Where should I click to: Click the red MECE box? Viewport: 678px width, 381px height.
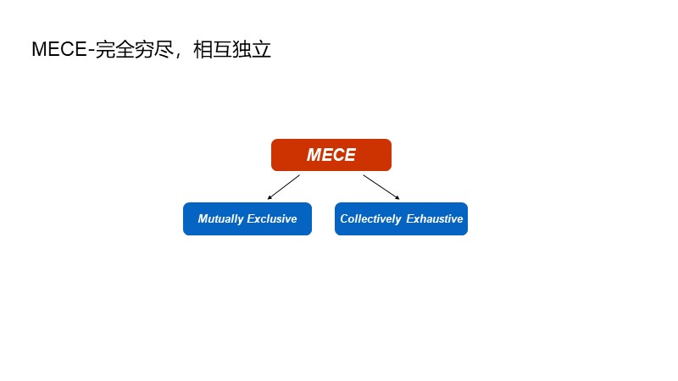coord(331,155)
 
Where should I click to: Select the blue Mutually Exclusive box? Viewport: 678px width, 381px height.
coord(247,218)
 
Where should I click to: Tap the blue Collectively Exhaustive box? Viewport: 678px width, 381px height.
coord(401,218)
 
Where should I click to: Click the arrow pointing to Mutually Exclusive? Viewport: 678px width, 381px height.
coord(284,187)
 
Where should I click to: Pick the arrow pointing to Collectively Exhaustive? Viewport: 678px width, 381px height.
coord(381,187)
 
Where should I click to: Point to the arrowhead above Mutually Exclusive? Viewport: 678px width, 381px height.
coord(270,197)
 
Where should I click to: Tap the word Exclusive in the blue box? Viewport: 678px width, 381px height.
coord(271,218)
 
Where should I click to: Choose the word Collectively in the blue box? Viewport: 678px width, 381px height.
coord(370,218)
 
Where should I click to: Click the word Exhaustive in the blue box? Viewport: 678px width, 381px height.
coord(435,218)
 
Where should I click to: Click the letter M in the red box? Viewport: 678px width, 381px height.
coord(314,155)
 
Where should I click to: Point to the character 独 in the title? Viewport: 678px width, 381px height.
coord(242,49)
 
